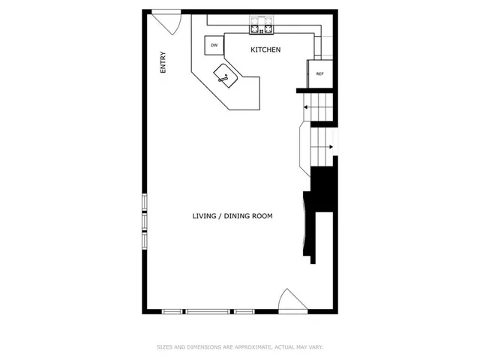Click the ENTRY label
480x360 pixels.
pyautogui.click(x=163, y=61)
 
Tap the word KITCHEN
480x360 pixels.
pyautogui.click(x=265, y=50)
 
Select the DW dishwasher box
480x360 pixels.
pyautogui.click(x=214, y=45)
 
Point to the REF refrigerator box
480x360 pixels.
pyautogui.click(x=319, y=73)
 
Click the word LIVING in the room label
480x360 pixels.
pyautogui.click(x=205, y=216)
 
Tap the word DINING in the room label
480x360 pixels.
pyautogui.click(x=238, y=216)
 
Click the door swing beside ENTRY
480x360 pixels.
pyautogui.click(x=168, y=20)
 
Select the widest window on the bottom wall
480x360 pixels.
pyautogui.click(x=208, y=311)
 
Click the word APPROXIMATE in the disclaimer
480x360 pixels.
pyautogui.click(x=253, y=347)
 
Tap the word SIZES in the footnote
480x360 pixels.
pyautogui.click(x=163, y=347)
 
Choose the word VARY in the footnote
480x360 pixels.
pyautogui.click(x=315, y=347)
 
